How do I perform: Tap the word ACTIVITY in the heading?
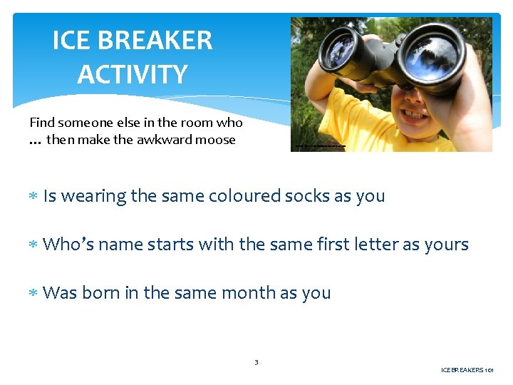coord(133,73)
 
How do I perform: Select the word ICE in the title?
coord(73,41)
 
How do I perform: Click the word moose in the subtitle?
coord(217,140)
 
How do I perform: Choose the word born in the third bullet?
coord(100,292)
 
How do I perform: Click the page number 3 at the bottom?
coord(256,362)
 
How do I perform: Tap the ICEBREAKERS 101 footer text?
coord(467,370)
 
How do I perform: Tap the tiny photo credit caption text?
coord(320,146)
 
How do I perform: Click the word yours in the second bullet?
coord(446,245)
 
